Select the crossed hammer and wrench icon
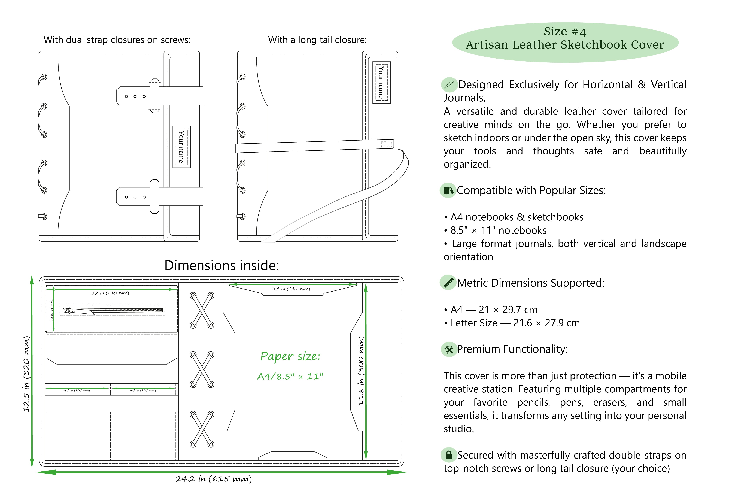449,349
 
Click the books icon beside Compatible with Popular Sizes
448,190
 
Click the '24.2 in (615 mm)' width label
214,479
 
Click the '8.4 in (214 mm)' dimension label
291,289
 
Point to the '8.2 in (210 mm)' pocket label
110,293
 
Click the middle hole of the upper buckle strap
135,96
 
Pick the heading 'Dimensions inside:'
221,265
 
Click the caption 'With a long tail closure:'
317,40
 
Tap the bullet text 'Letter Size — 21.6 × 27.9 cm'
515,323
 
